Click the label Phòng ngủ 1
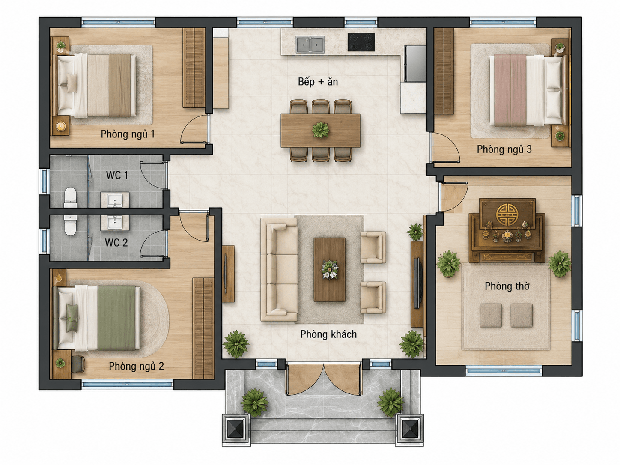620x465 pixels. (128, 134)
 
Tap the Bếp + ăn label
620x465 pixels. (318, 82)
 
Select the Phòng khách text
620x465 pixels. (328, 334)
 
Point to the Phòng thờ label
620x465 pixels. (507, 286)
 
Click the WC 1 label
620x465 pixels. (117, 175)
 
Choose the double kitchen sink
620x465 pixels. (310, 45)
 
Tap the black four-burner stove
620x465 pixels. (361, 42)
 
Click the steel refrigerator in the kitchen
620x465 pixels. (415, 63)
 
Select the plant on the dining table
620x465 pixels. (320, 130)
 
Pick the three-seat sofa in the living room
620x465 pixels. (279, 270)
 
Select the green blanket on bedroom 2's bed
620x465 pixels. (116, 318)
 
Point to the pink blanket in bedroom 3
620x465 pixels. (510, 90)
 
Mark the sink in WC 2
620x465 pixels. (115, 223)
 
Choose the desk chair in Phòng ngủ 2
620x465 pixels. (77, 364)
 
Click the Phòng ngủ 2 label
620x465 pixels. (137, 366)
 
